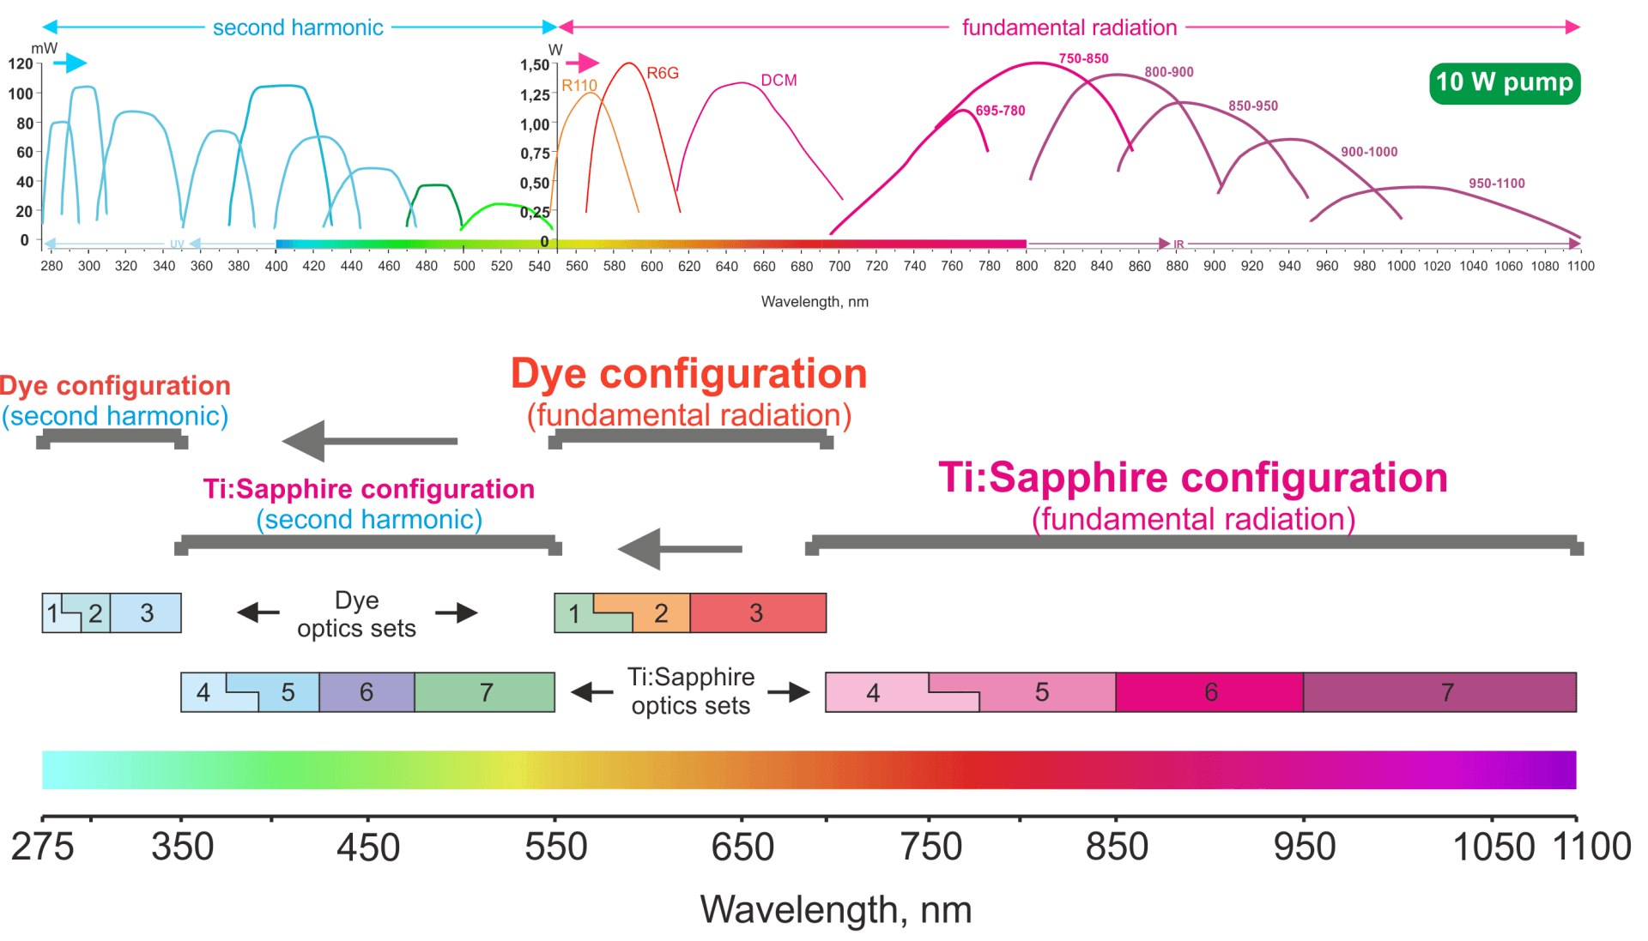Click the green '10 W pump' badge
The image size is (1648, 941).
[x=1504, y=83]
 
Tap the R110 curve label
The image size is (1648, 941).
[x=579, y=86]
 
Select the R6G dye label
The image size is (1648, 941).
[x=663, y=74]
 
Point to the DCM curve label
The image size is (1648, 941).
[x=779, y=81]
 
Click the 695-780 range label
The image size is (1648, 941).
[x=1000, y=111]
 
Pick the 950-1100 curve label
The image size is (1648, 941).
[x=1496, y=184]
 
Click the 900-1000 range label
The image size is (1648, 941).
[x=1369, y=152]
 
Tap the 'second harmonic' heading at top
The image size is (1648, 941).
[x=298, y=27]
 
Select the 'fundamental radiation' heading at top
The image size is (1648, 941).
[x=1069, y=27]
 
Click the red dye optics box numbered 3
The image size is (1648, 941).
[x=757, y=612]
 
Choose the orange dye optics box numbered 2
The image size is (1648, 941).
[x=661, y=613]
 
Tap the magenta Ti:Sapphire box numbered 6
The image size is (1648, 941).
[x=1209, y=692]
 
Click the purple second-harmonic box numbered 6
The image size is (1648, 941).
[x=367, y=692]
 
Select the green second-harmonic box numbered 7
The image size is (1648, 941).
[x=485, y=692]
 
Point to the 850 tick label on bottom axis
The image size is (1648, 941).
[x=1116, y=847]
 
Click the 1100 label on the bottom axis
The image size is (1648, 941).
[x=1591, y=847]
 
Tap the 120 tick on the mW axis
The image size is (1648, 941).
[x=21, y=63]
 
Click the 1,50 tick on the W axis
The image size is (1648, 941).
[x=534, y=65]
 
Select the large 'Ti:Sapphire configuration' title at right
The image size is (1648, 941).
[x=1192, y=478]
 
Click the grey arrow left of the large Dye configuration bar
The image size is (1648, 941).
[x=369, y=441]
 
